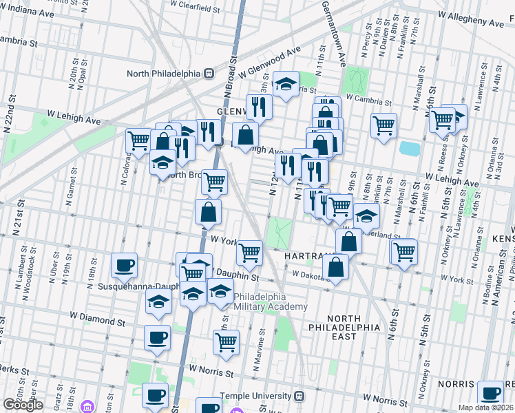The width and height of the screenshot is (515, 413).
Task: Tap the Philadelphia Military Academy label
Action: [x=271, y=301]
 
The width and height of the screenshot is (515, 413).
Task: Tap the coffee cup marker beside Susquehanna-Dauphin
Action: [x=125, y=265]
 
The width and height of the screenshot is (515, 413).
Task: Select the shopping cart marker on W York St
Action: [x=249, y=253]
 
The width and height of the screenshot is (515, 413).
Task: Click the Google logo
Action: [x=23, y=405]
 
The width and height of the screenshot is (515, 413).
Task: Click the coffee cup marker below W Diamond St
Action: [x=157, y=338]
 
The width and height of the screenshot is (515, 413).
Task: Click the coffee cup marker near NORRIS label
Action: [x=490, y=393]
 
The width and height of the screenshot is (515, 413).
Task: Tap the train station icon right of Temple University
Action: [x=299, y=396]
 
